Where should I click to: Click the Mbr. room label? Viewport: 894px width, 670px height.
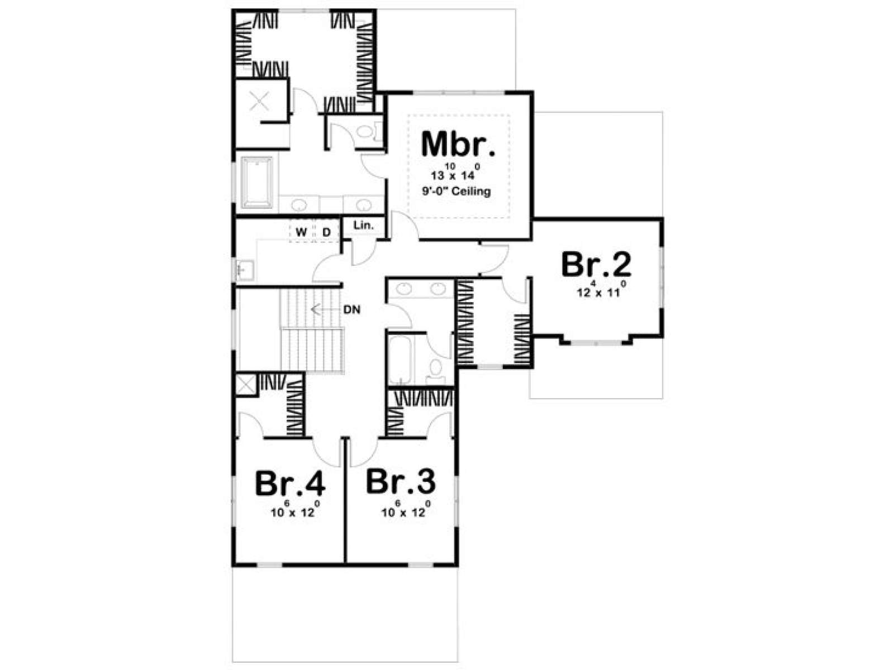point(458,144)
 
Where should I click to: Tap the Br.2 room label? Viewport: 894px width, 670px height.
point(596,265)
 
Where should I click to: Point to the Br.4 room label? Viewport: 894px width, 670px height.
point(290,484)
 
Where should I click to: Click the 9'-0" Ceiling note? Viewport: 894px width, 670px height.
point(456,191)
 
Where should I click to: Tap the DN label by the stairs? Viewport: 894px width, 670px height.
point(352,310)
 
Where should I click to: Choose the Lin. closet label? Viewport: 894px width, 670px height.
point(363,225)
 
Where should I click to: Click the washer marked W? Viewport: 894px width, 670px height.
point(301,232)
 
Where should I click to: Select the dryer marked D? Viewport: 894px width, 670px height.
point(327,232)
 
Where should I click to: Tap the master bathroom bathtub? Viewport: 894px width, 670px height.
point(257,182)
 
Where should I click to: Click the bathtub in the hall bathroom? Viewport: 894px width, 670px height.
point(400,360)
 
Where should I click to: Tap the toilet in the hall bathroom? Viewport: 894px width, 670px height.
point(435,371)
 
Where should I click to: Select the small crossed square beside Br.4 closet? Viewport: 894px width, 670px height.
point(246,384)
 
